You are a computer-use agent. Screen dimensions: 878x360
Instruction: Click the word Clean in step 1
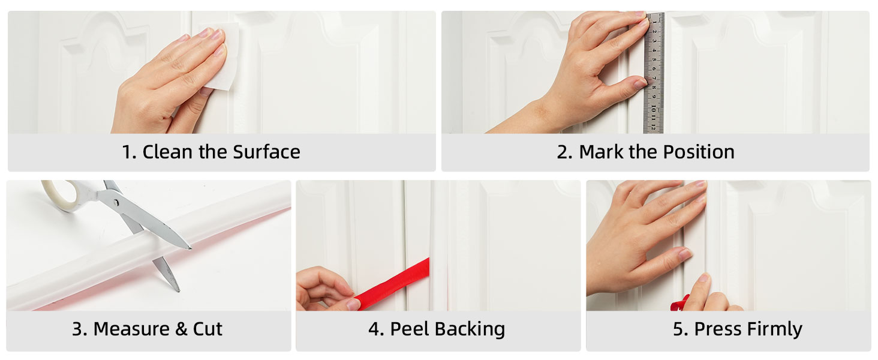[167, 152]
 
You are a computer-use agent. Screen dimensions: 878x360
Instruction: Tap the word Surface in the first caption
[266, 152]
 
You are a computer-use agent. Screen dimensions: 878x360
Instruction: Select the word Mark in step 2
[602, 152]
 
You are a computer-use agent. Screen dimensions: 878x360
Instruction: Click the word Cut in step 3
[208, 329]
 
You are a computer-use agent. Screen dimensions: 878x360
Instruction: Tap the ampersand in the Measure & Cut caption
[181, 329]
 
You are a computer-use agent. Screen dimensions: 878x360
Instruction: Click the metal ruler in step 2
[654, 73]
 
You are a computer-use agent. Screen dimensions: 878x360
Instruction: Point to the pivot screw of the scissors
[116, 202]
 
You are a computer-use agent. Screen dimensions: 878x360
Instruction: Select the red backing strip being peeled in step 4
[393, 283]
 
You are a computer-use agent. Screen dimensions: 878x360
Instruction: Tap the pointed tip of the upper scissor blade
[191, 248]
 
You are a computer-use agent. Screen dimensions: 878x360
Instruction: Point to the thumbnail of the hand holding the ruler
[640, 83]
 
